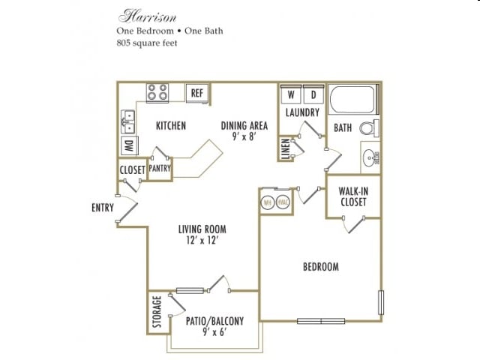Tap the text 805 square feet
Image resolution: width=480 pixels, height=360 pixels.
[148, 43]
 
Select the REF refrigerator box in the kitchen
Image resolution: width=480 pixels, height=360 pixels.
[197, 93]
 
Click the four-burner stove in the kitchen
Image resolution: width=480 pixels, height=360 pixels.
[157, 93]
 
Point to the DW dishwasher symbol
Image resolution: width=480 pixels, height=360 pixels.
[127, 146]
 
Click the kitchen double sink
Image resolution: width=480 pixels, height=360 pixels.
[127, 120]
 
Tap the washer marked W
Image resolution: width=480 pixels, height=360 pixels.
[289, 95]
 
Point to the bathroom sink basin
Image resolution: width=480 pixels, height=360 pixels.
[370, 157]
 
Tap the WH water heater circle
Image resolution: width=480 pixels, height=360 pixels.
[267, 202]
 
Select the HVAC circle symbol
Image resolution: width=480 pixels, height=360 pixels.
[283, 202]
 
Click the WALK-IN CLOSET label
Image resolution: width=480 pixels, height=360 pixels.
[352, 196]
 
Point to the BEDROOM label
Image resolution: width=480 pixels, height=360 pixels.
[320, 266]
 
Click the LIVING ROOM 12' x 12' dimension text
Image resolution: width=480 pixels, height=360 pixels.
[202, 241]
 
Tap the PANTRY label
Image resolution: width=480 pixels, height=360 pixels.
[160, 169]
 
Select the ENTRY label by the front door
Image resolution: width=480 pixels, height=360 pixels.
[103, 208]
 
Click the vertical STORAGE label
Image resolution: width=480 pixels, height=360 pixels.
[157, 313]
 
